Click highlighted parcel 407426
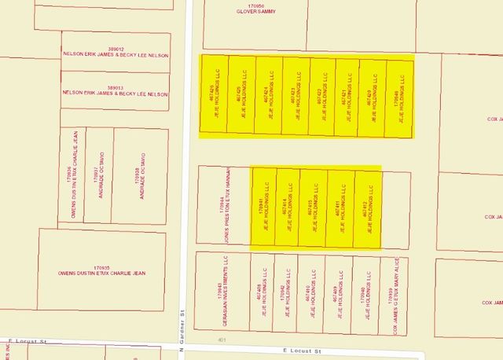(215, 97)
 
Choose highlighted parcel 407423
(296, 97)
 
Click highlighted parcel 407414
(288, 208)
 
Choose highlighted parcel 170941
(263, 208)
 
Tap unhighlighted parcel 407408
(263, 292)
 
